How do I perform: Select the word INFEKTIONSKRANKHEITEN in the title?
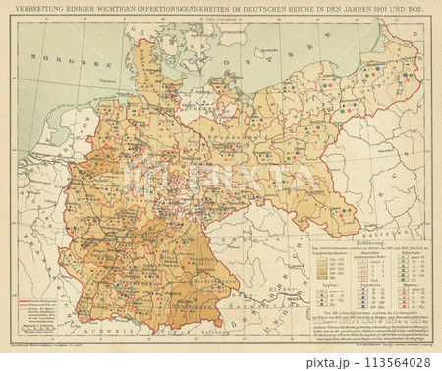click(186, 11)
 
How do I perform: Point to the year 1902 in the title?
click(410, 11)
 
